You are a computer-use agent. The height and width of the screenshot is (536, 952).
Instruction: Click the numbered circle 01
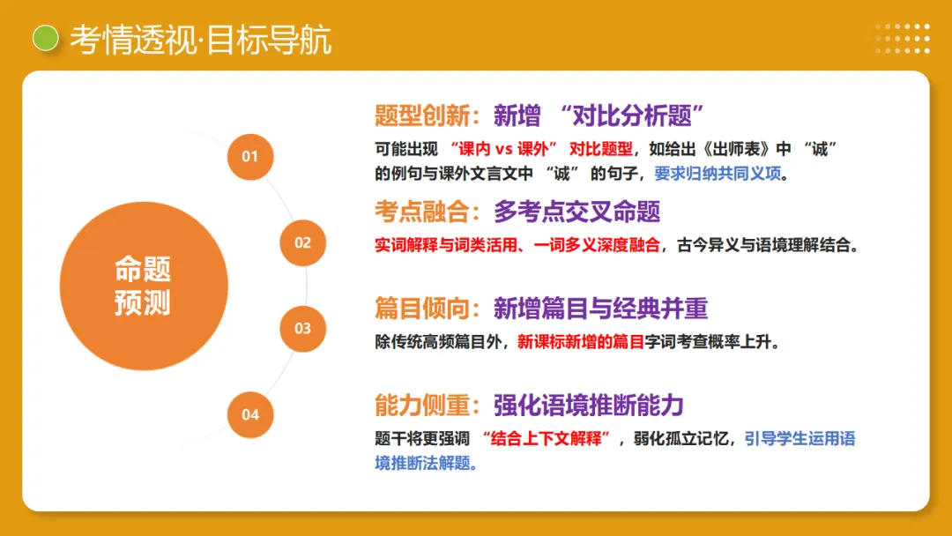pyautogui.click(x=250, y=157)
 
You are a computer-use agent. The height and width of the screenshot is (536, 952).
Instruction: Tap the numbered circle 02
pyautogui.click(x=302, y=242)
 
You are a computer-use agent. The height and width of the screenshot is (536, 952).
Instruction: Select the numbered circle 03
pyautogui.click(x=302, y=328)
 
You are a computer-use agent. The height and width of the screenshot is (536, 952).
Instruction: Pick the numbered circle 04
pyautogui.click(x=250, y=414)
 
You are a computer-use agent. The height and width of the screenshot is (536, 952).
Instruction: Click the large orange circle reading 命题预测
pyautogui.click(x=143, y=286)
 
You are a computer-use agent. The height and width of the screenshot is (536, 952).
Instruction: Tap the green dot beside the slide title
pyautogui.click(x=45, y=38)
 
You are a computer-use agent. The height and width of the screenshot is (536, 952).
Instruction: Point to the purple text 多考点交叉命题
pyautogui.click(x=576, y=212)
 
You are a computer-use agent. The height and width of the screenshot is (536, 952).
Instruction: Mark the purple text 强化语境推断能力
pyautogui.click(x=588, y=405)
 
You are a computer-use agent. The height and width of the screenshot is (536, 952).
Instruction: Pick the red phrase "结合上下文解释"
pyautogui.click(x=547, y=438)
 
